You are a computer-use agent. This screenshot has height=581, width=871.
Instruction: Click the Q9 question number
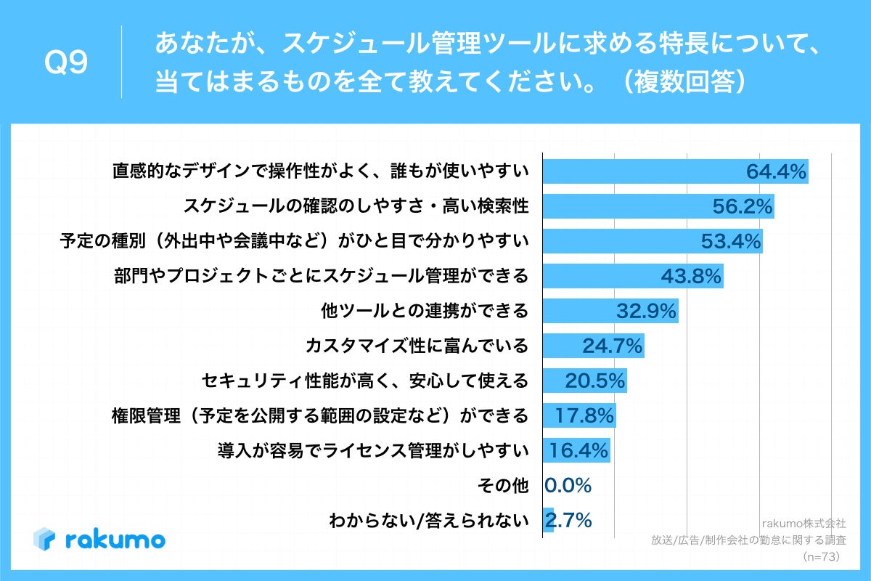click(x=66, y=63)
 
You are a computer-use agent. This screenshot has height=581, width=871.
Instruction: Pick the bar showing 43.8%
click(x=633, y=277)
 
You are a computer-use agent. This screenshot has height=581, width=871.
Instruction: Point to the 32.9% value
click(x=646, y=312)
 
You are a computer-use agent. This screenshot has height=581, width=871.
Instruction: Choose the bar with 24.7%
click(x=593, y=346)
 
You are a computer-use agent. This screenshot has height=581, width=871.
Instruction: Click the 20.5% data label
click(x=594, y=381)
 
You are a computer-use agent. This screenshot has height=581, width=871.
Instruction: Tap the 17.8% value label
click(x=584, y=415)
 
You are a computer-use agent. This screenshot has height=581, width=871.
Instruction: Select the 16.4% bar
click(x=576, y=450)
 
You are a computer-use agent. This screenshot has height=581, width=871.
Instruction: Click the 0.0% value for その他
click(x=568, y=485)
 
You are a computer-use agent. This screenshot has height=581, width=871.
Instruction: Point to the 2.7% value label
click(x=568, y=520)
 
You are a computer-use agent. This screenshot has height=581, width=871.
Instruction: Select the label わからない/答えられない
click(x=428, y=521)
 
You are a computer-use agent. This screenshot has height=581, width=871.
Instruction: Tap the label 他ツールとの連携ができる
click(x=425, y=312)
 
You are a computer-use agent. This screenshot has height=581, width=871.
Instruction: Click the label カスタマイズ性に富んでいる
click(x=417, y=346)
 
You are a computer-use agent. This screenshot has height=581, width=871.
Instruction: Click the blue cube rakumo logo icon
click(x=45, y=539)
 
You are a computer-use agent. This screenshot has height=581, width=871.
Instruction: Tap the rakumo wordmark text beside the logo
click(x=115, y=540)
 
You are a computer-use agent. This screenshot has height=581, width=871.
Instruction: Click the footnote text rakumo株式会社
click(x=803, y=522)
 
